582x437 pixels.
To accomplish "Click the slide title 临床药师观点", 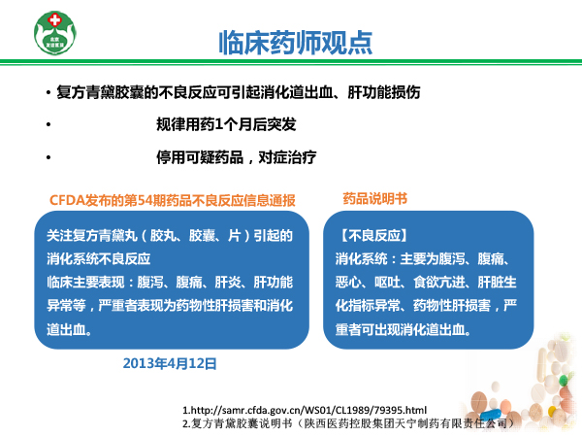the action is [296, 43].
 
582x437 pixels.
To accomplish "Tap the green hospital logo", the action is [55, 33].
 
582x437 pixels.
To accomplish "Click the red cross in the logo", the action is [55, 19].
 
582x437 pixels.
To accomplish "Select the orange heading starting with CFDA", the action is [173, 200].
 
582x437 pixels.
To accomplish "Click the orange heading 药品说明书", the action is [374, 199].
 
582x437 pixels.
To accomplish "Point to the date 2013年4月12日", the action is [170, 363].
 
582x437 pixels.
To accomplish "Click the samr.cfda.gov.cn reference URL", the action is [305, 410].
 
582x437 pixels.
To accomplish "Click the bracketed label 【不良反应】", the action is [373, 236].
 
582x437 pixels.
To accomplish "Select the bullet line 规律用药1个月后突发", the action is [226, 124].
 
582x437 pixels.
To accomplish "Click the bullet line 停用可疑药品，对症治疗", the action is [236, 157].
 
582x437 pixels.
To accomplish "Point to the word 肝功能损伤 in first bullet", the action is [384, 92].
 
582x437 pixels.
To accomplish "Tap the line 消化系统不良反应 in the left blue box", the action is [98, 259].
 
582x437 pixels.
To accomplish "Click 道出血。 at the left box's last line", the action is [70, 329].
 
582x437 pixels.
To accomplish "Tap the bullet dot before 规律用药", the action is [48, 124].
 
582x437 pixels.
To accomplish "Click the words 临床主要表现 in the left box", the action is [85, 283].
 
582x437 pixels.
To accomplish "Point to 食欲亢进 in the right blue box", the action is [439, 283].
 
